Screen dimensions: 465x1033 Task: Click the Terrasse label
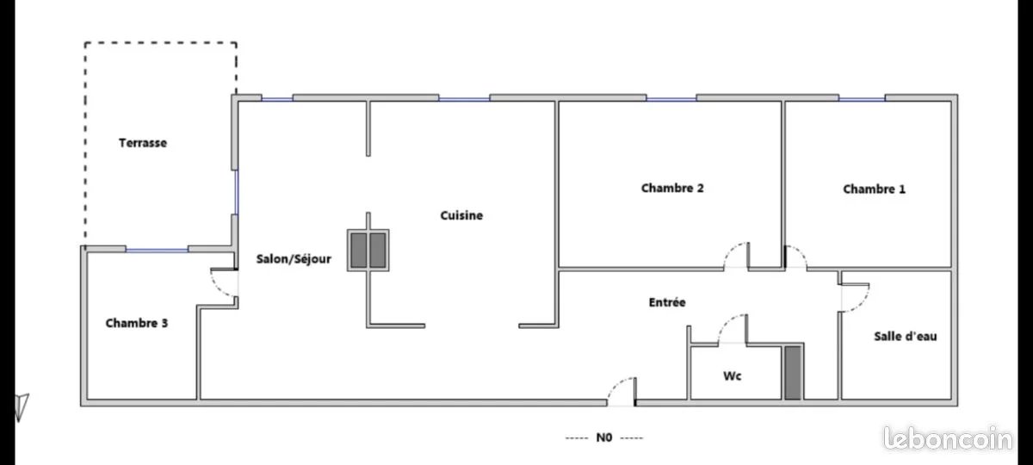143,144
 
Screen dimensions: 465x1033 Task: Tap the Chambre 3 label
136,324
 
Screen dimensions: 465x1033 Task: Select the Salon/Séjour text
294,258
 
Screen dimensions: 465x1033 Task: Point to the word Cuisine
461,216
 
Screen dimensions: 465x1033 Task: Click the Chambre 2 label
673,188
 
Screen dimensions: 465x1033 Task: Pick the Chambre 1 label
874,189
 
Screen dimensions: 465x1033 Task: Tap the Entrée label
667,302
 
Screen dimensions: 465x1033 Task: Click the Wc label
733,376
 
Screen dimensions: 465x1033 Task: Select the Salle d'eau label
905,337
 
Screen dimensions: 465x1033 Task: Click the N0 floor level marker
603,437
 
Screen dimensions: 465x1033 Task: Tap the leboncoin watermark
948,439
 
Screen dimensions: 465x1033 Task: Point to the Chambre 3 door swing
224,283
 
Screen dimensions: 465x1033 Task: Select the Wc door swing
732,330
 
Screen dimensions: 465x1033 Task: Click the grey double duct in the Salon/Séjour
368,250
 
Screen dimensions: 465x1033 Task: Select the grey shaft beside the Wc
793,372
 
